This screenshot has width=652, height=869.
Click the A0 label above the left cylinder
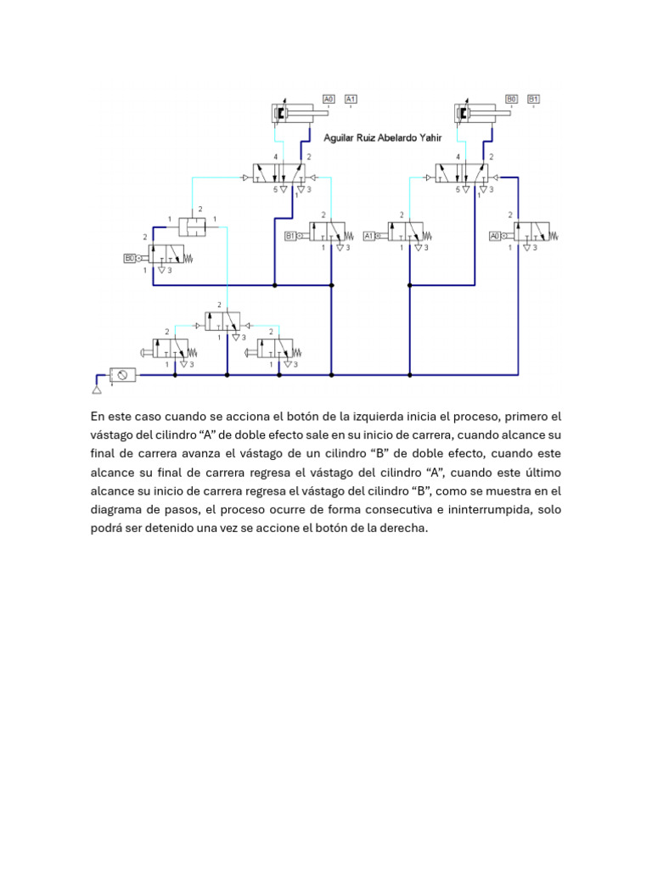click(329, 98)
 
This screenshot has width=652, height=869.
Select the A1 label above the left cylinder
click(351, 98)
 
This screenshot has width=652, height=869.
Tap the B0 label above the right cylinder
click(512, 98)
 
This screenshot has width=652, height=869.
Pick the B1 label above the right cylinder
click(534, 98)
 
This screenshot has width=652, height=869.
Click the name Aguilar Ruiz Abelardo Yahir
click(383, 137)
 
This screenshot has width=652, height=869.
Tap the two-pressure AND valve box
click(195, 227)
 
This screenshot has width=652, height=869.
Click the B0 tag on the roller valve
click(130, 257)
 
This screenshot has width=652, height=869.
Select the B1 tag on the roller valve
click(290, 236)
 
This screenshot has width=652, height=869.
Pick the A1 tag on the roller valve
click(369, 236)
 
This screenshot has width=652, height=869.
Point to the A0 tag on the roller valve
click(495, 236)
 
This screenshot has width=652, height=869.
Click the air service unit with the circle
click(123, 374)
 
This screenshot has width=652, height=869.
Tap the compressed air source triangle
click(97, 390)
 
